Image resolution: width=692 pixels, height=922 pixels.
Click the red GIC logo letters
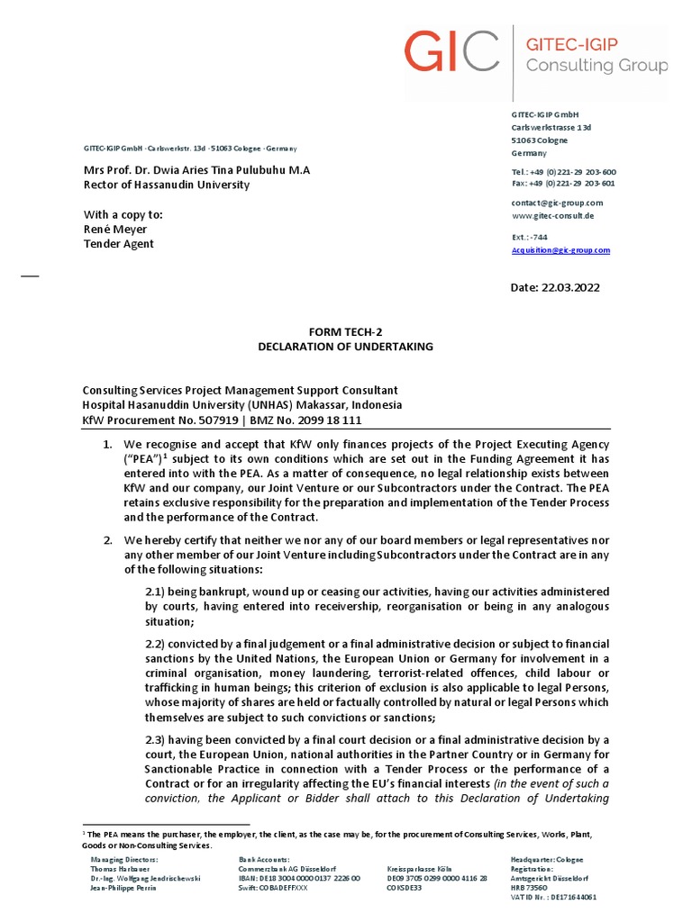tap(451, 51)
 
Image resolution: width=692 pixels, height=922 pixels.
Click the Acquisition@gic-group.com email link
tap(560, 250)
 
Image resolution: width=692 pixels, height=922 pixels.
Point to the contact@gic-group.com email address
tap(557, 203)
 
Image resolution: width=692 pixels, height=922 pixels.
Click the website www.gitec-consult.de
tap(551, 216)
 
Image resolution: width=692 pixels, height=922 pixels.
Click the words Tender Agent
tap(119, 244)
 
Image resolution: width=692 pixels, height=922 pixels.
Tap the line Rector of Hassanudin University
tap(167, 185)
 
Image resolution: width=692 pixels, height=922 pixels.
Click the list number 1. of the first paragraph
tap(105, 446)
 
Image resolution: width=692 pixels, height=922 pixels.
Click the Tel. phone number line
tap(564, 171)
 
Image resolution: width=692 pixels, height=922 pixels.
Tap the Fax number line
tap(563, 183)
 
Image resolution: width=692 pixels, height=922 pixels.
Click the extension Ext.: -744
tap(530, 237)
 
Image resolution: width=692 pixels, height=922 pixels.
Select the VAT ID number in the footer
tap(553, 898)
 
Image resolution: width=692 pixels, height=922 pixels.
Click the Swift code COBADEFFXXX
tap(273, 888)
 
